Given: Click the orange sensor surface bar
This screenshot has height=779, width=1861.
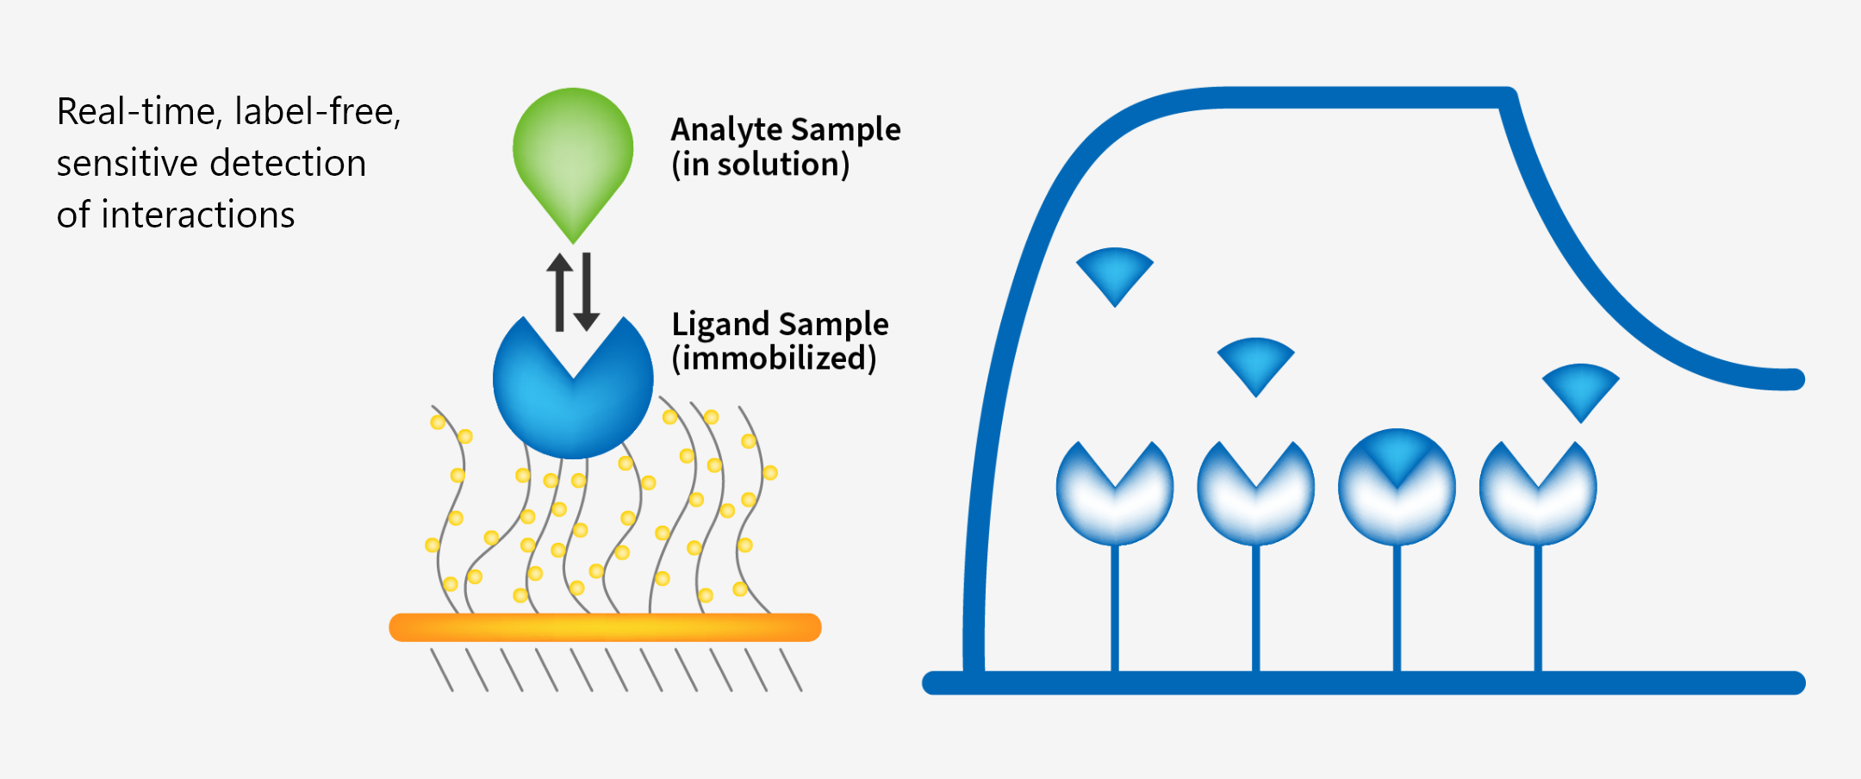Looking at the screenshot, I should [x=605, y=627].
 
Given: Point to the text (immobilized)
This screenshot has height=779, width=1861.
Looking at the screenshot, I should [x=774, y=358].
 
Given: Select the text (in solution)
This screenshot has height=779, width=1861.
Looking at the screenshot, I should [x=760, y=165].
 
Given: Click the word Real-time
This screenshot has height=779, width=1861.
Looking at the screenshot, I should [x=136, y=112].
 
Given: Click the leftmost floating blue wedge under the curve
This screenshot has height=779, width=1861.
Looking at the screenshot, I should [x=1115, y=271].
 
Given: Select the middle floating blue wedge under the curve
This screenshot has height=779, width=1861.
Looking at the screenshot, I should [x=1255, y=362].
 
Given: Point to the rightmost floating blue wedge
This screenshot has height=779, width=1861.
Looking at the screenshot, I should [x=1580, y=388].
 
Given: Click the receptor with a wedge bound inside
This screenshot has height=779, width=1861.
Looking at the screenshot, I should [x=1397, y=487].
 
